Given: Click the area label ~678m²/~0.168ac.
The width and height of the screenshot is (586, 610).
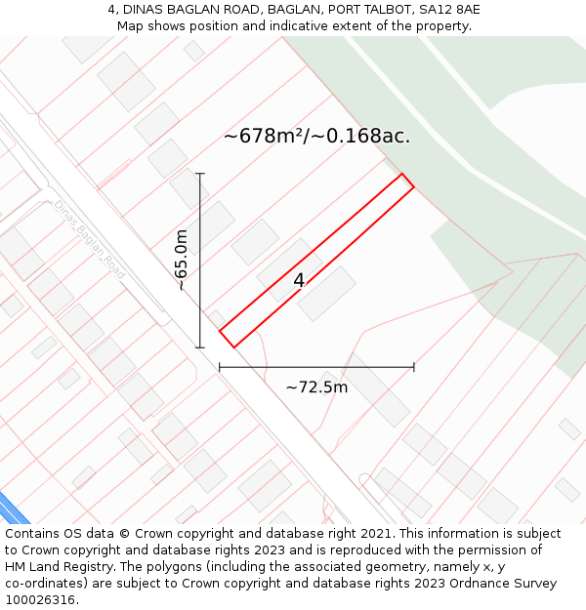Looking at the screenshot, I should (316, 137).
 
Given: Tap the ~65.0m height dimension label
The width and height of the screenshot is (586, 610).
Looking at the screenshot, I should (182, 261).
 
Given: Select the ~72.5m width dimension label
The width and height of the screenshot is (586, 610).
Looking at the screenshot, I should (316, 387).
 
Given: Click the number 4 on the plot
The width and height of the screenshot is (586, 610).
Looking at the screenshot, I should (299, 281).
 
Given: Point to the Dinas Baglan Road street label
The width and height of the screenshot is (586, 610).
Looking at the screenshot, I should (90, 239).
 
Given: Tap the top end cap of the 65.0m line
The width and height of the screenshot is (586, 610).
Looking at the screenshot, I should (200, 174).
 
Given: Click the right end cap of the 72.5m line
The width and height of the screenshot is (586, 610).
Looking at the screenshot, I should (414, 367).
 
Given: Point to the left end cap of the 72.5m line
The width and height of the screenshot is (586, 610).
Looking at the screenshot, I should (220, 367).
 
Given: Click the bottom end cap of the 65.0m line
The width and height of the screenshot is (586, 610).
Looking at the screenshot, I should (200, 347).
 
